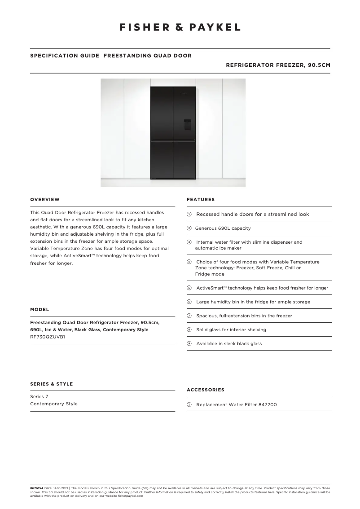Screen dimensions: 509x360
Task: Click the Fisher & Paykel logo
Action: point(180,27)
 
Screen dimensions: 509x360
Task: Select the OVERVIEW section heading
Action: point(45,199)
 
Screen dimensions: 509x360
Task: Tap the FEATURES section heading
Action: point(201,199)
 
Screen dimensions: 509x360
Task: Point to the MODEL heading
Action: point(40,310)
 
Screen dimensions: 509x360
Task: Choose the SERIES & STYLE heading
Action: point(51,384)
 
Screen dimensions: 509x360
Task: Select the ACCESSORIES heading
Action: point(205,390)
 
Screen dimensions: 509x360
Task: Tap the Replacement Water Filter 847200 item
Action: point(236,405)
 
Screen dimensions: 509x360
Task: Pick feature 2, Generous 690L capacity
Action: point(223,228)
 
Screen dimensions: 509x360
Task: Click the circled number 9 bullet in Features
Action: point(189,344)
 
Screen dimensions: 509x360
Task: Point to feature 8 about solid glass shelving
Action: point(231,330)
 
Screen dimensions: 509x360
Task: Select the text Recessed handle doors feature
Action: point(252,215)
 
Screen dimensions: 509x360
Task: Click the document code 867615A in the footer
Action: point(37,488)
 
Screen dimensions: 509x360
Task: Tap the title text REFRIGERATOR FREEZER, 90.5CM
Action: point(278,65)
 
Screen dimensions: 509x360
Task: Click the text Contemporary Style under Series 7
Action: point(53,404)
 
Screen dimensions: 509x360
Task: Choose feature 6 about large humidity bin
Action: point(253,302)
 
